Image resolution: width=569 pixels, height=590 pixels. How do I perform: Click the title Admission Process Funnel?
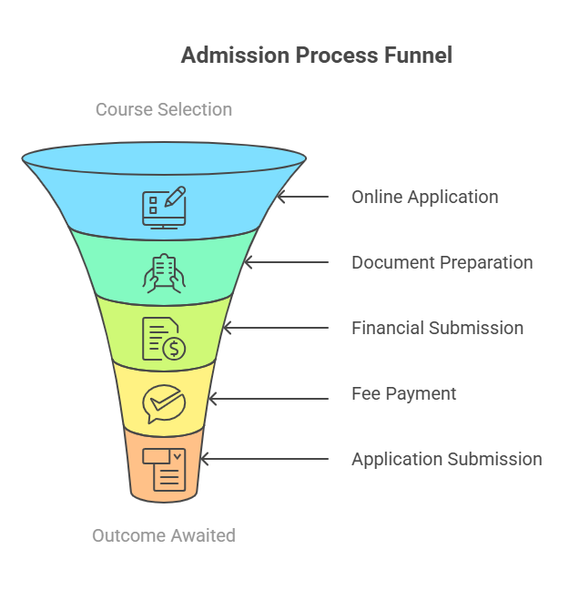pos(317,56)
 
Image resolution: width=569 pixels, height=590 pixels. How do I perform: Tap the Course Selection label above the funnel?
pos(164,109)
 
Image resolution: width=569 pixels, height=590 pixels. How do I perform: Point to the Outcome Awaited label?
pos(164,535)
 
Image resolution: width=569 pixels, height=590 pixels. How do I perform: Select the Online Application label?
pos(425,198)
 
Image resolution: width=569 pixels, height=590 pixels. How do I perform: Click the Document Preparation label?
pos(442,262)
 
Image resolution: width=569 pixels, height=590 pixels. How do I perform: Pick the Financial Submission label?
pos(437,328)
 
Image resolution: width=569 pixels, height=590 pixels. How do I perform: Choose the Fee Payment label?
pos(404,394)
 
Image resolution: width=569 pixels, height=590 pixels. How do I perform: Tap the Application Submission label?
pos(447,460)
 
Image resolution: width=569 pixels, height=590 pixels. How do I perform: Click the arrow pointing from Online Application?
pos(303,197)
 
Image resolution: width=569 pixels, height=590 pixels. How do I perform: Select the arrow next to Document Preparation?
pos(287,262)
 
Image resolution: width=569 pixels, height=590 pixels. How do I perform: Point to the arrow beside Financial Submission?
pos(276,328)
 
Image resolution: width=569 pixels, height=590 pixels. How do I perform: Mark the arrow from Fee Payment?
pos(269,399)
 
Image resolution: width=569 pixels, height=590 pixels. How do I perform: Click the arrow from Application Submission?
pos(265,459)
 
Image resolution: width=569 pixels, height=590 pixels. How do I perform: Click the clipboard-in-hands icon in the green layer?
pos(164,273)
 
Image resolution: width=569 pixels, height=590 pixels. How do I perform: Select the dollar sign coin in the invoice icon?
pos(174,349)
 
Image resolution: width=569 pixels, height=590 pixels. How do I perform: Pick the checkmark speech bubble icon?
pos(164,403)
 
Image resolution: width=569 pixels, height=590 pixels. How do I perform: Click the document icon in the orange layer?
pos(164,470)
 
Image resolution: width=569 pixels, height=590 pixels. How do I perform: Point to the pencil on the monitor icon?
pos(175,196)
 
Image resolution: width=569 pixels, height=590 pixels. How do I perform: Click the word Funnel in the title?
pos(418,56)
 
